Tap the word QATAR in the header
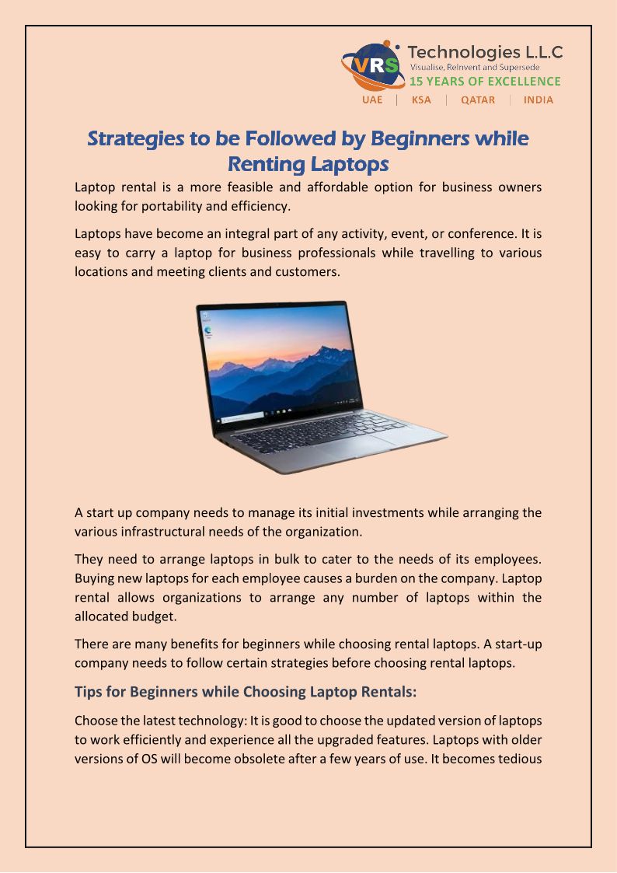tap(478, 100)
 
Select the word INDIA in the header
tap(539, 100)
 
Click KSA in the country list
tap(421, 100)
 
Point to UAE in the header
tap(372, 100)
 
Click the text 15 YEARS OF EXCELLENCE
tap(485, 82)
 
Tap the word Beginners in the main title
tap(420, 138)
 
